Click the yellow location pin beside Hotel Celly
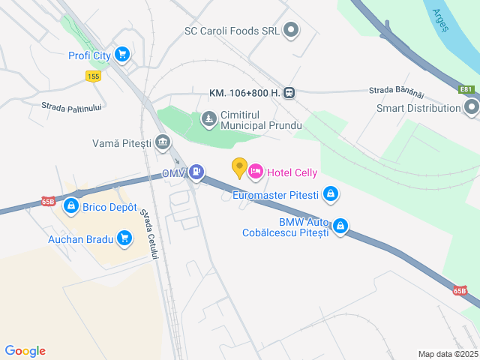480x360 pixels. (x=239, y=168)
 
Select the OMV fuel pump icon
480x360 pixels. (x=196, y=172)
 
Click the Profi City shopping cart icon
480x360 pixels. (x=122, y=54)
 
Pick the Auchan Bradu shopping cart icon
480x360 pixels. (x=124, y=239)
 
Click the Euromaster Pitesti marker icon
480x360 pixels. (x=331, y=195)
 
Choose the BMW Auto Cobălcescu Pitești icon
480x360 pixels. (x=340, y=226)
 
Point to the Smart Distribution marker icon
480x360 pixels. (x=471, y=108)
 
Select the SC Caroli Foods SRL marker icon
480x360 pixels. (x=291, y=31)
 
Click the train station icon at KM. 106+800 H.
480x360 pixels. (x=289, y=93)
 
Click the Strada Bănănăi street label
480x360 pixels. (x=397, y=90)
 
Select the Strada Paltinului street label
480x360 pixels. (x=71, y=107)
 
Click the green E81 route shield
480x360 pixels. (x=466, y=89)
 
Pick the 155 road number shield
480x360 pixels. (x=93, y=76)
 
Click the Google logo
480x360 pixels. (x=25, y=351)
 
